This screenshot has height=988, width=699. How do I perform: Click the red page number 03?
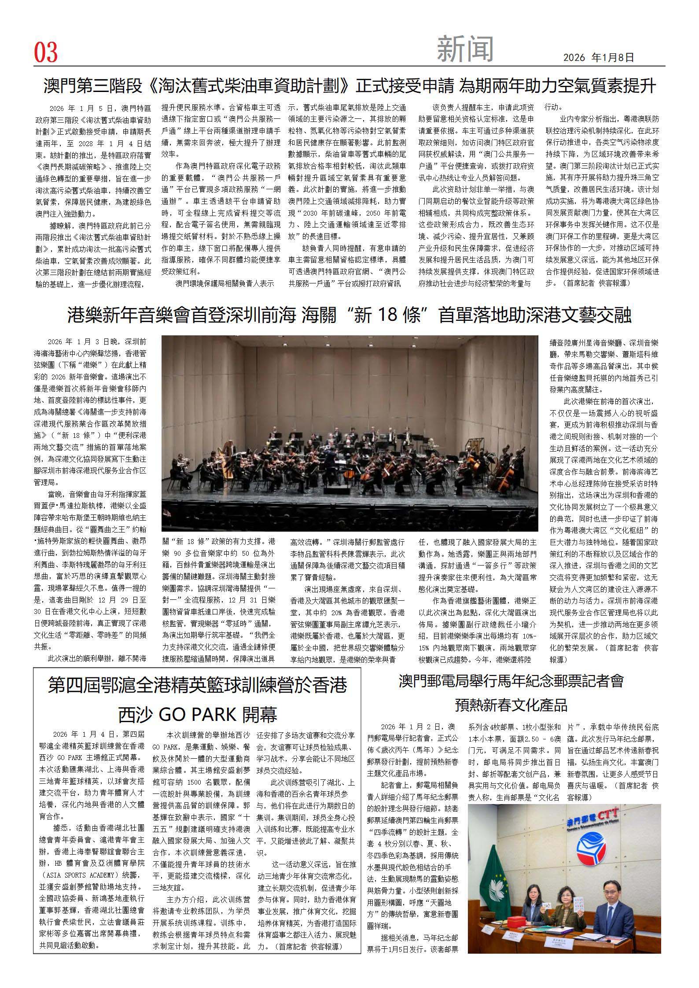tap(46, 53)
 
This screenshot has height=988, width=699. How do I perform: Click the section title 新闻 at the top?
tap(465, 49)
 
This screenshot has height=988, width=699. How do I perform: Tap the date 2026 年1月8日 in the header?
tap(599, 57)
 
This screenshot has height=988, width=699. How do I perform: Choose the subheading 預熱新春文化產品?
tap(511, 705)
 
